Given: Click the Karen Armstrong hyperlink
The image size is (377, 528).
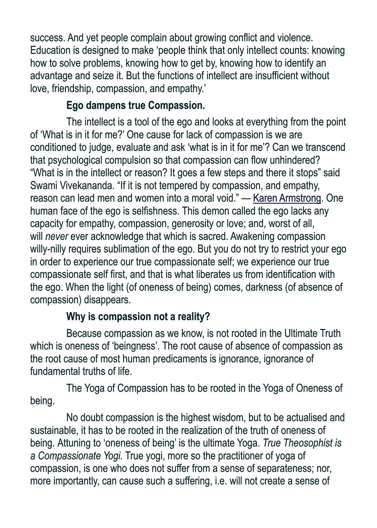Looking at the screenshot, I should click(287, 198).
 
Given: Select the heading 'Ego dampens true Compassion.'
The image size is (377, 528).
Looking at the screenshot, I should click(135, 106).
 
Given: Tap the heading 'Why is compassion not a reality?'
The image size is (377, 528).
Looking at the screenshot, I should click(138, 316).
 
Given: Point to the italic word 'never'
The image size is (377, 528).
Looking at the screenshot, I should click(56, 237).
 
